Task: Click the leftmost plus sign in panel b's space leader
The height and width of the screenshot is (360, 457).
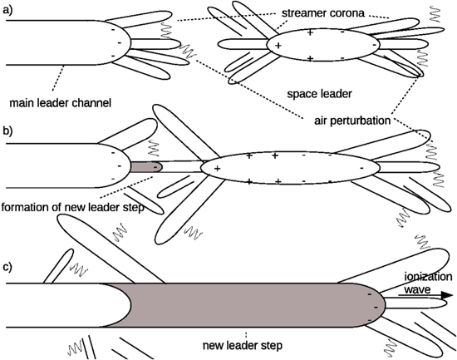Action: point(218,169)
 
